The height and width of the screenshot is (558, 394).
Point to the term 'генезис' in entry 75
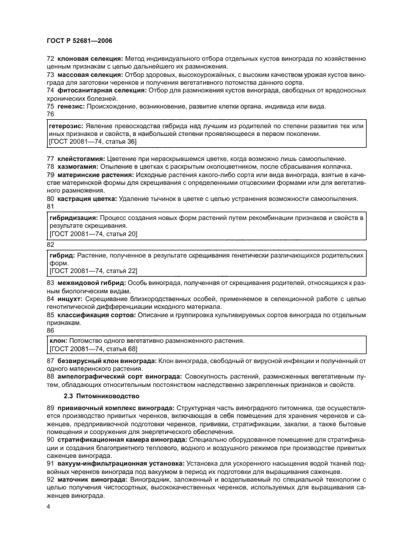click(x=70, y=106)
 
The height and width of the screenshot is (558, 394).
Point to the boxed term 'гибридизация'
click(x=73, y=218)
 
